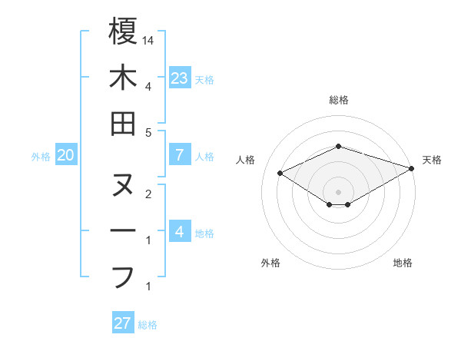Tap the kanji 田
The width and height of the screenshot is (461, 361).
point(123,123)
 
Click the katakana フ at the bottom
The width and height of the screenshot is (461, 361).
point(123,276)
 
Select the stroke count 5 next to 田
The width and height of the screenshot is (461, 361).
point(148,132)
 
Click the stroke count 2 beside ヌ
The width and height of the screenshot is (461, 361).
point(148,194)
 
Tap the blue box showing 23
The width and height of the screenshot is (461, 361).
point(180,78)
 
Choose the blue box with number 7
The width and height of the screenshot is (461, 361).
point(180,155)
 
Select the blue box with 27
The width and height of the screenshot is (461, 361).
point(123,323)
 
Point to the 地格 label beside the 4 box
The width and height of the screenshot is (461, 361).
point(204,233)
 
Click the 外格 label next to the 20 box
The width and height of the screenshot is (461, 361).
point(41,157)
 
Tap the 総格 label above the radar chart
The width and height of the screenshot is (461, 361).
point(338,100)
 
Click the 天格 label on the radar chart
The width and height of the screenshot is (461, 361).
point(432,160)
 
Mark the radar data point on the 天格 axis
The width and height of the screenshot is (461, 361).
point(413,168)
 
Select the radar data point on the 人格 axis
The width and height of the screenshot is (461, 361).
point(280,173)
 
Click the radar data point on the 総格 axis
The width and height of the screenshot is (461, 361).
point(338,146)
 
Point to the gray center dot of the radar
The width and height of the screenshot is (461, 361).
point(338,191)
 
